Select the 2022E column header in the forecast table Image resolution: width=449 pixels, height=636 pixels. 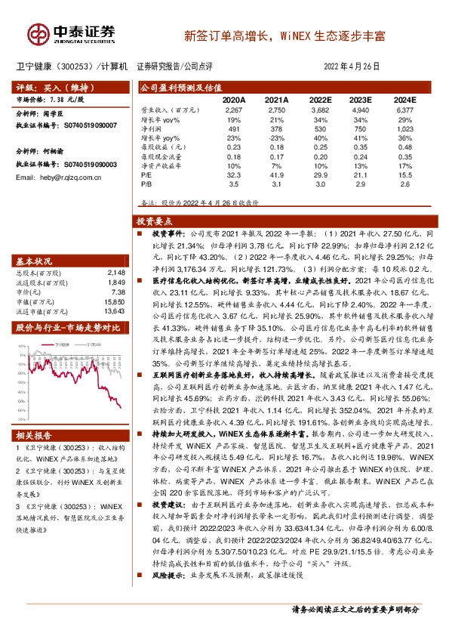[319, 99]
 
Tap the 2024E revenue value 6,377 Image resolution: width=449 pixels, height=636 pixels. [404, 110]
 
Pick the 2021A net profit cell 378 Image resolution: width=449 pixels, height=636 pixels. [277, 129]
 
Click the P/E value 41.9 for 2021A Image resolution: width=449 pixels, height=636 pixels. [277, 174]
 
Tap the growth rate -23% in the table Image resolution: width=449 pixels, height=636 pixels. [277, 138]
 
